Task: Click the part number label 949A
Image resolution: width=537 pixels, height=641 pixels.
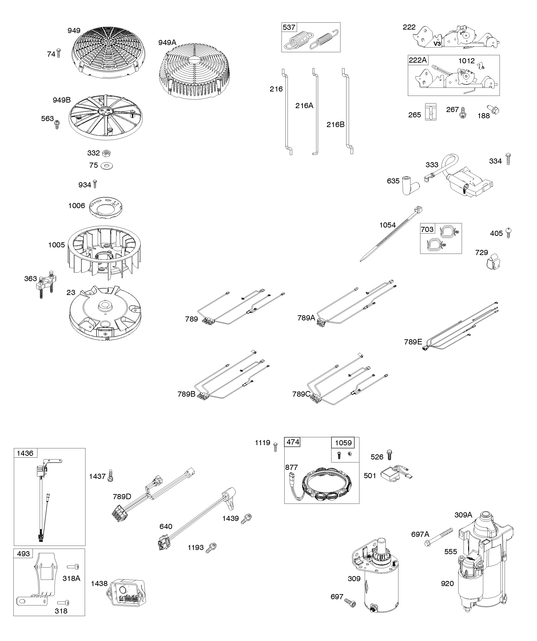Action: click(167, 43)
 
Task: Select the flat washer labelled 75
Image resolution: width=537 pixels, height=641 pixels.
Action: click(106, 166)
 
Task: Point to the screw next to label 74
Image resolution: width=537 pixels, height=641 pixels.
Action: click(59, 53)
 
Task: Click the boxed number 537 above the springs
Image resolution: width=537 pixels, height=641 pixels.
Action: click(289, 27)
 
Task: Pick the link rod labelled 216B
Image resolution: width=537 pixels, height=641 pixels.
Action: click(348, 111)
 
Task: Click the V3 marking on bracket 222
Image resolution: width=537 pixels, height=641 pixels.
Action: click(437, 44)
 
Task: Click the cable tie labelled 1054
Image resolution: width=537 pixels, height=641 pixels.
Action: click(391, 234)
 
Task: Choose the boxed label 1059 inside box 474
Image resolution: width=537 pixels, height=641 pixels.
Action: click(343, 443)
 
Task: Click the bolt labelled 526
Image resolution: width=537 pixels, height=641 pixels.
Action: click(389, 455)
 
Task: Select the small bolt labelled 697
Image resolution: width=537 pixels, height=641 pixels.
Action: click(350, 602)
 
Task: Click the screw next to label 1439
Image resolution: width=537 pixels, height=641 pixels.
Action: click(247, 518)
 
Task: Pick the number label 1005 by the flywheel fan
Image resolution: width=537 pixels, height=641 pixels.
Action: click(57, 245)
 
